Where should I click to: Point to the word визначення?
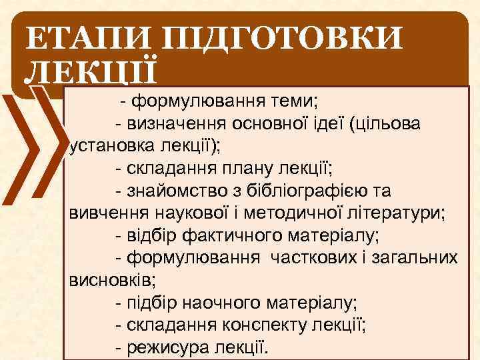[x=176, y=124]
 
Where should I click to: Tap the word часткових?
[x=317, y=257]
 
